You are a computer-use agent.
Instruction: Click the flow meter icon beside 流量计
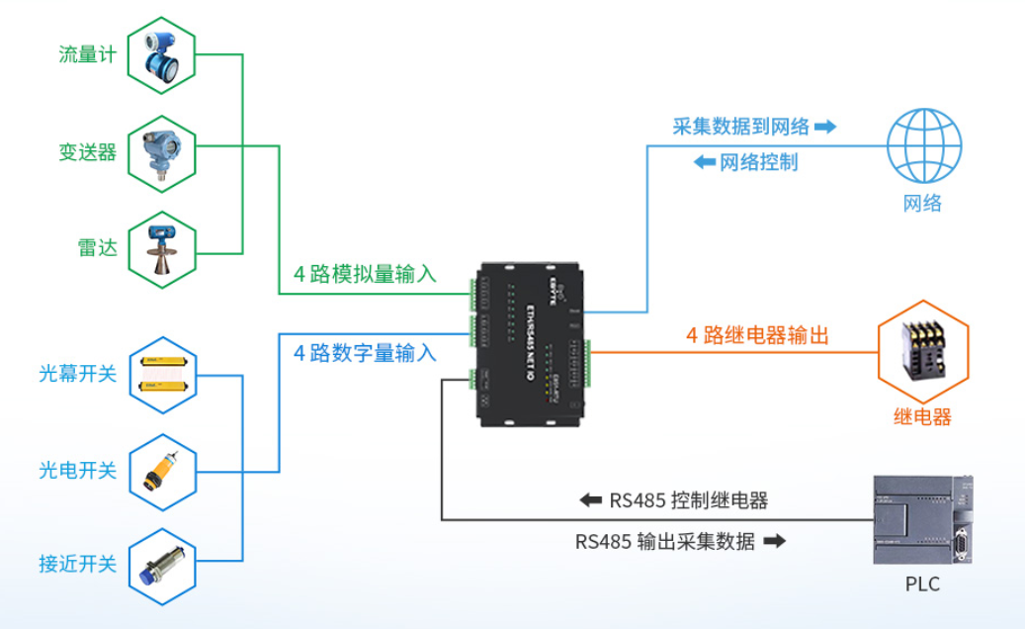[162, 55]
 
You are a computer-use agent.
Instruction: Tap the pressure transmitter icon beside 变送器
[162, 151]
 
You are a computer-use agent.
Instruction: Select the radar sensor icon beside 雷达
[162, 248]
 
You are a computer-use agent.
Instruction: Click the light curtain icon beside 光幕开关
[162, 374]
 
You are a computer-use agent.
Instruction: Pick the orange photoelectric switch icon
[162, 470]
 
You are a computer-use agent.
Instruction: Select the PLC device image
[922, 519]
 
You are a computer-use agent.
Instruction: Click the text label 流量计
[88, 55]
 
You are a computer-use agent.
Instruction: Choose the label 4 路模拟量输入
[365, 274]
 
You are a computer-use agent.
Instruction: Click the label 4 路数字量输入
[365, 352]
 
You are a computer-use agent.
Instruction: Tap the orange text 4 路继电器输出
[757, 335]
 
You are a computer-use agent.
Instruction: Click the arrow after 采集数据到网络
[824, 127]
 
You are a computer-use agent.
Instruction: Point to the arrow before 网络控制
[705, 162]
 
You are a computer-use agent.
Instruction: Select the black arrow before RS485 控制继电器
[590, 500]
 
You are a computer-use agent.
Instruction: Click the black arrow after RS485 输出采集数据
[776, 541]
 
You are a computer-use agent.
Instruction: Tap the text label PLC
[922, 584]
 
